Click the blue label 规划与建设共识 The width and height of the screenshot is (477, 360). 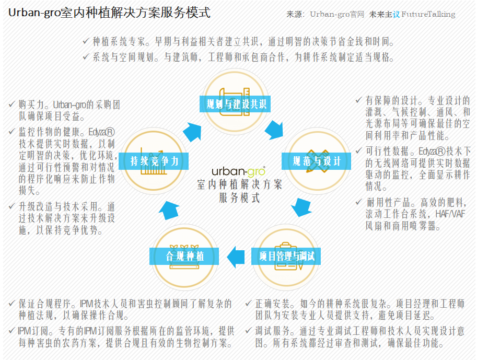235,104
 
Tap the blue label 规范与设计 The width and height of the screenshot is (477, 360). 317,161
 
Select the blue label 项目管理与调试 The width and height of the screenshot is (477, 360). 286,256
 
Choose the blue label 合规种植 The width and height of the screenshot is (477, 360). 184,256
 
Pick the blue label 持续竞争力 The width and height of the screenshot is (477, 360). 154,161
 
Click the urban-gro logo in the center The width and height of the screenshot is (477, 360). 238,171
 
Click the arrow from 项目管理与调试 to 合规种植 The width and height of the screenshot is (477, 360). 236,257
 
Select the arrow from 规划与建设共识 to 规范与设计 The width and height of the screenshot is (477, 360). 274,130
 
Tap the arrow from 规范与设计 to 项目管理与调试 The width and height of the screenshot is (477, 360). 301,207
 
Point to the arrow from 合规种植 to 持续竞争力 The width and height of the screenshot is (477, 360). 169,210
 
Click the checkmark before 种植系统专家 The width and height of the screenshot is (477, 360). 86,41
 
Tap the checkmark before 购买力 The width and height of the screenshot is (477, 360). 12,104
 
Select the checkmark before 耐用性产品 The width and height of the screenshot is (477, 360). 359,202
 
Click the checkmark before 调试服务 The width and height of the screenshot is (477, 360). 249,330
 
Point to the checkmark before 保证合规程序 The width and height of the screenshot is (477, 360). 12,303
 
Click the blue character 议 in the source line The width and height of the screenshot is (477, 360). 396,14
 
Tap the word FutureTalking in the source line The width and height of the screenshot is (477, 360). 428,14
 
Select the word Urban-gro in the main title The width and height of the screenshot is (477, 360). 34,13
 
